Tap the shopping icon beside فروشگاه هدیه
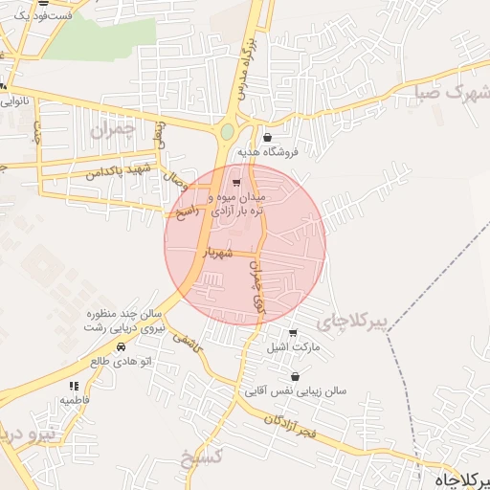[267, 138]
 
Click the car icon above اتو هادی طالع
[122, 346]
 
